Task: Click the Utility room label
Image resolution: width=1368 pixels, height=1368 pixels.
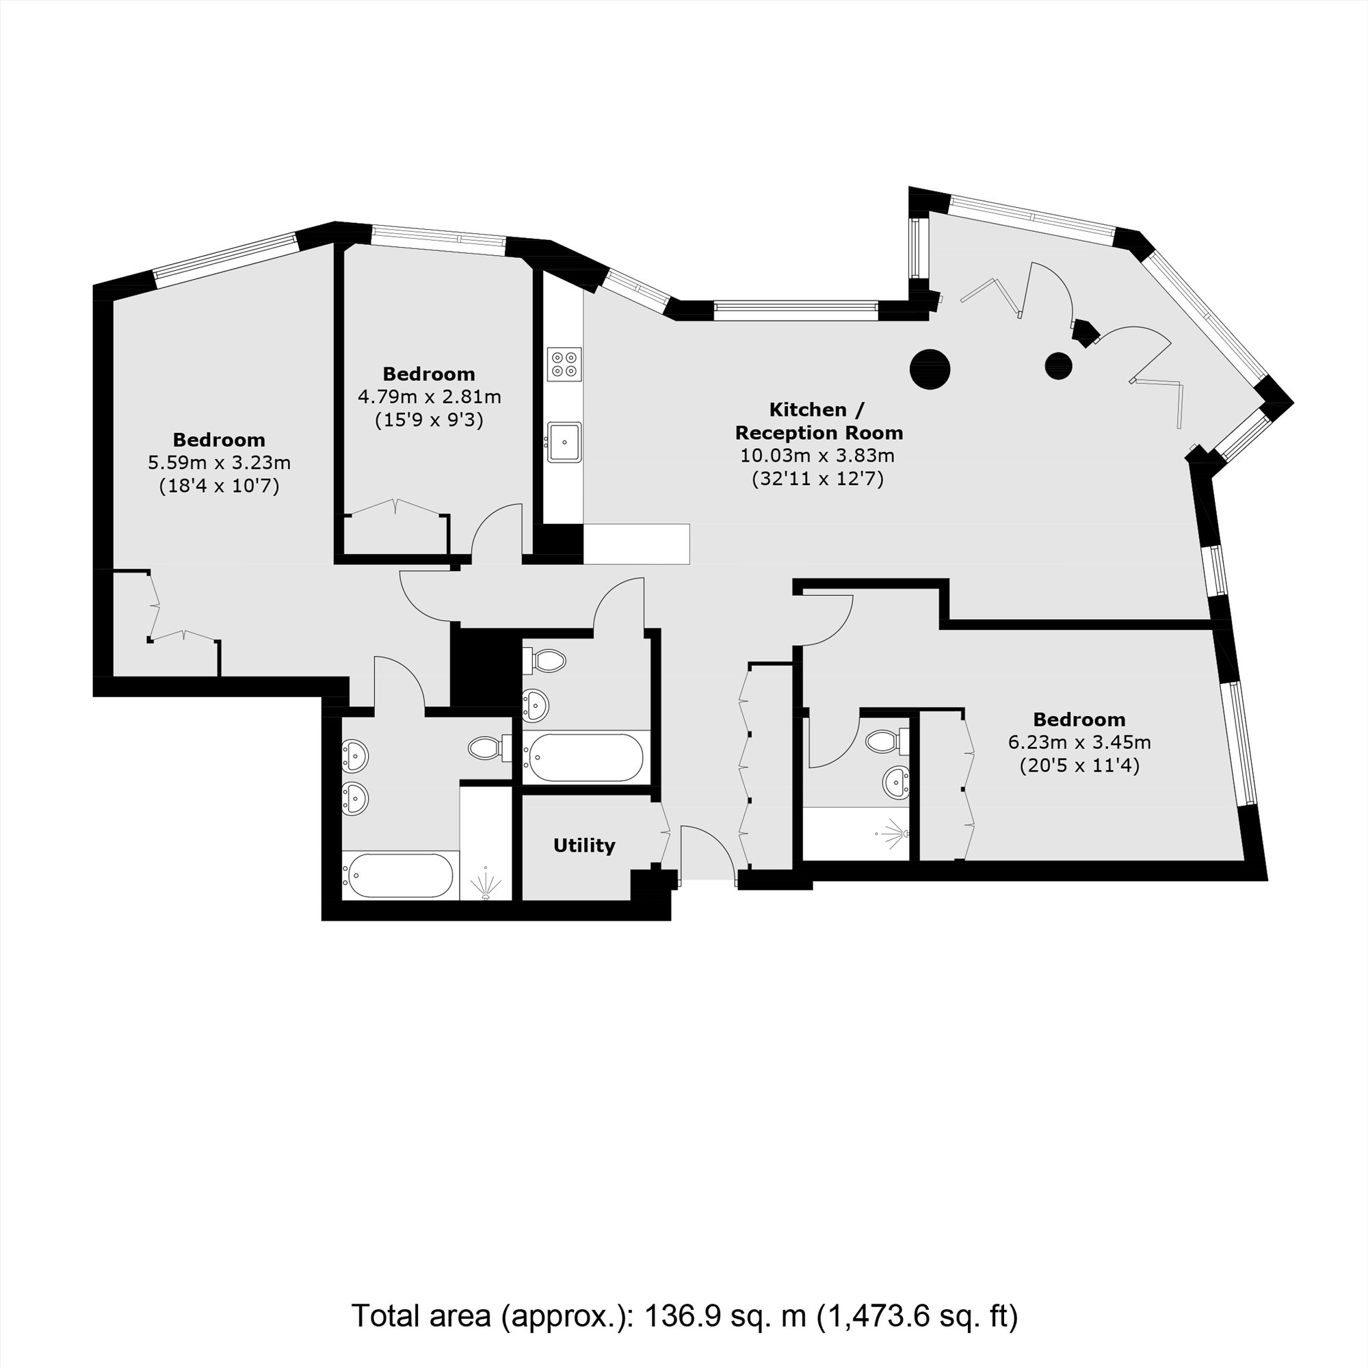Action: tap(583, 845)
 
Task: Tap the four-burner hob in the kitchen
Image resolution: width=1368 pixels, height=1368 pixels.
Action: tap(564, 364)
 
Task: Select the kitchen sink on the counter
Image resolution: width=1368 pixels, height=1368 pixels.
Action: tap(564, 442)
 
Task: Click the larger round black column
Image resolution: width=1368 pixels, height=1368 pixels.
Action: tap(930, 369)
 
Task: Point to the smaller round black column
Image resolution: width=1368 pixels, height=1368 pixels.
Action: tap(1059, 365)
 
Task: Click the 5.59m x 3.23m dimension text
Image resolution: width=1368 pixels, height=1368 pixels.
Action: tap(219, 463)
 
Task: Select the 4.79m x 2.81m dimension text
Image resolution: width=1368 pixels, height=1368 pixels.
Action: tap(429, 397)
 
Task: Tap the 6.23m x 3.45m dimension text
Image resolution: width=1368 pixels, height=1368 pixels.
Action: tap(1079, 743)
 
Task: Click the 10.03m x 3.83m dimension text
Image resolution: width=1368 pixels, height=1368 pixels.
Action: tap(818, 456)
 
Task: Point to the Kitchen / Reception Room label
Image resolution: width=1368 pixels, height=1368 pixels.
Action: tap(819, 421)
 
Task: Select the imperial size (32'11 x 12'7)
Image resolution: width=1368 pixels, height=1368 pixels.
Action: tap(818, 479)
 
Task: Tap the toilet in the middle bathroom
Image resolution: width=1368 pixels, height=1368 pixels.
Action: tap(547, 661)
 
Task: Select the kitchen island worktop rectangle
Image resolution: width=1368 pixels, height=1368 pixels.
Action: tap(636, 544)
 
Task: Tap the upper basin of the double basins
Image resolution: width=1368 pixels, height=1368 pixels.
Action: tap(354, 756)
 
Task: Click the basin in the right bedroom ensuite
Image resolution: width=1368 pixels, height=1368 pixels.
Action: tap(897, 782)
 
